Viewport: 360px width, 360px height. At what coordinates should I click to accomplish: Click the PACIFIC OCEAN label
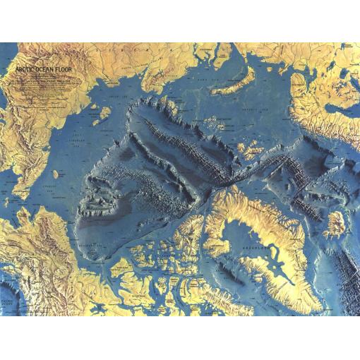(14, 302)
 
